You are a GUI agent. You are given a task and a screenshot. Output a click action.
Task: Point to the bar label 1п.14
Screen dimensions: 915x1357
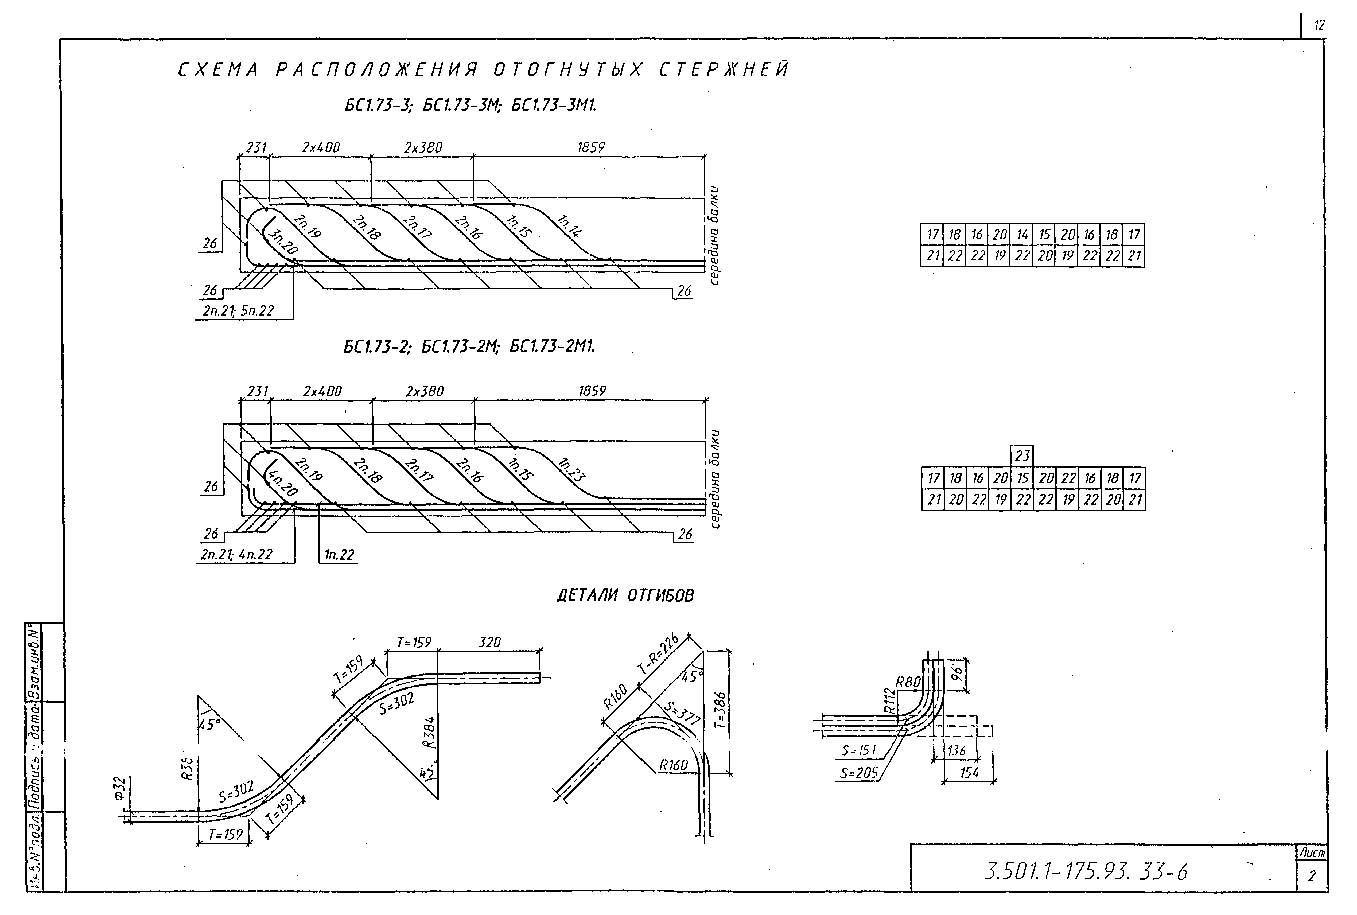(x=569, y=227)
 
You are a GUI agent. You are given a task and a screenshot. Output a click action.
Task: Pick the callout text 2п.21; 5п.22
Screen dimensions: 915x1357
(x=238, y=311)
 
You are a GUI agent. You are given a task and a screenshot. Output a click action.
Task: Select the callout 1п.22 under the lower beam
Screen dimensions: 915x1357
(x=339, y=554)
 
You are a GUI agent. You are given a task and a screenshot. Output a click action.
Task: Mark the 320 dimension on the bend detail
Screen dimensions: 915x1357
(x=489, y=643)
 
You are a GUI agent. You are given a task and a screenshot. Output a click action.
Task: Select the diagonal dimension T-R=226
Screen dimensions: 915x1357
(x=658, y=655)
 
